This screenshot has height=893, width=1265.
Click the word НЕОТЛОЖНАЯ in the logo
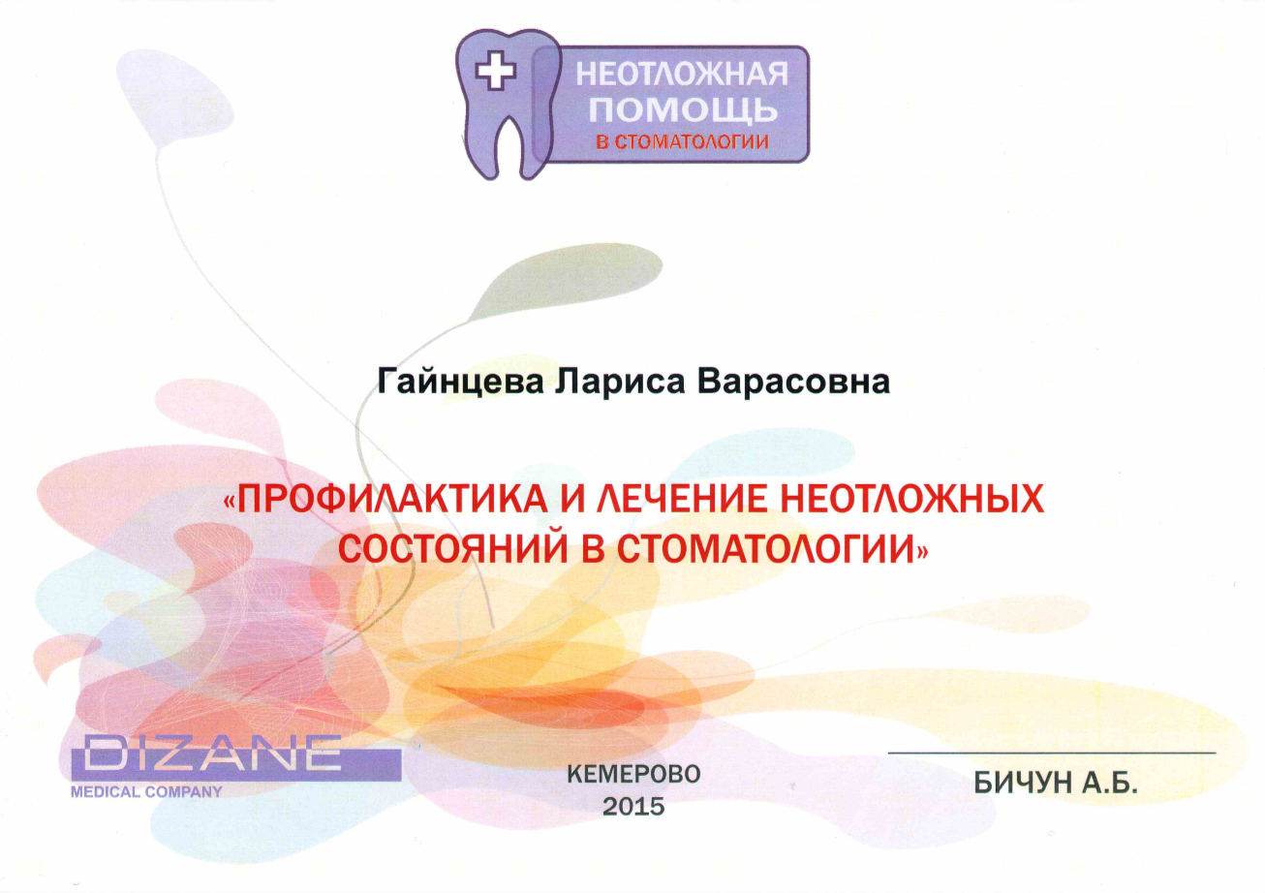pyautogui.click(x=682, y=75)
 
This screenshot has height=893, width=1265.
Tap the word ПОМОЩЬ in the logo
pyautogui.click(x=683, y=109)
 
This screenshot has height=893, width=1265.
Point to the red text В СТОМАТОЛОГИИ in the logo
pyautogui.click(x=682, y=141)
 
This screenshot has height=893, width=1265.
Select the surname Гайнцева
pyautogui.click(x=460, y=383)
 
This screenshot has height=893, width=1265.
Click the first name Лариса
pyautogui.click(x=620, y=383)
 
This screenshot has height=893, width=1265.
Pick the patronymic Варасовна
pyautogui.click(x=793, y=382)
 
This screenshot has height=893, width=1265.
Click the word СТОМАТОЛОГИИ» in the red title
pyautogui.click(x=772, y=548)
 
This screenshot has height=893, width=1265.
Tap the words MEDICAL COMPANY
pyautogui.click(x=146, y=792)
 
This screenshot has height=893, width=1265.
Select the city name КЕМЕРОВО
pyautogui.click(x=633, y=775)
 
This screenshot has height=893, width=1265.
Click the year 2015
pyautogui.click(x=633, y=807)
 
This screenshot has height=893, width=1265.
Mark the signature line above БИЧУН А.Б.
pyautogui.click(x=1052, y=753)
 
